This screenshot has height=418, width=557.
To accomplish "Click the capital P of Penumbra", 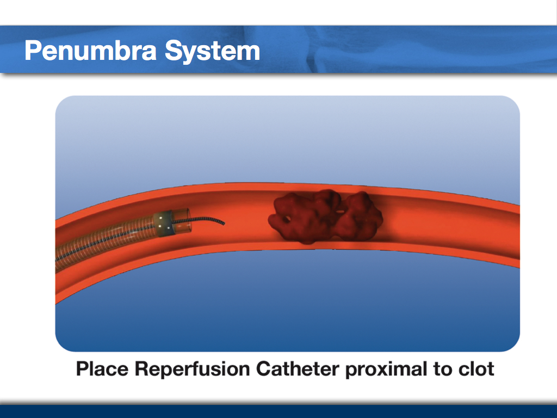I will [32, 51].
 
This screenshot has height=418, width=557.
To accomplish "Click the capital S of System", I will [173, 51].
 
